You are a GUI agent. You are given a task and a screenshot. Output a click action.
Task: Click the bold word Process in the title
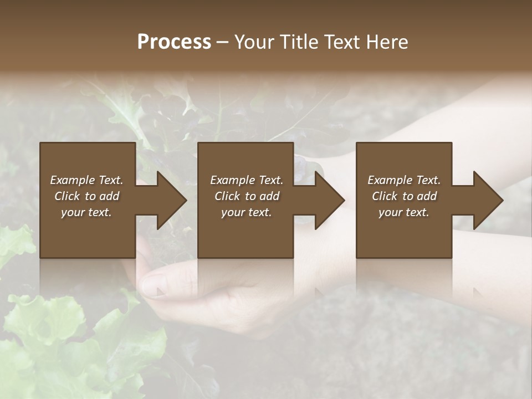[x=174, y=42]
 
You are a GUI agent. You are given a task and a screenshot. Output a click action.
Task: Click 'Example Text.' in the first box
[x=86, y=180]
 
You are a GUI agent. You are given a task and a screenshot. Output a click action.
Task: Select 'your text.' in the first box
[x=86, y=212]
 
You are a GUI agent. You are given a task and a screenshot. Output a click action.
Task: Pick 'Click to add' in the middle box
[x=247, y=196]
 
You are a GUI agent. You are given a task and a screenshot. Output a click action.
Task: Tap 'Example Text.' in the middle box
[x=247, y=180]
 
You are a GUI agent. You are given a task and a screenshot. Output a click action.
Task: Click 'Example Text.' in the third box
[x=404, y=180]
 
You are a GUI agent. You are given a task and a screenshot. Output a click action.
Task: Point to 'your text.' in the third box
[x=404, y=212]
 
